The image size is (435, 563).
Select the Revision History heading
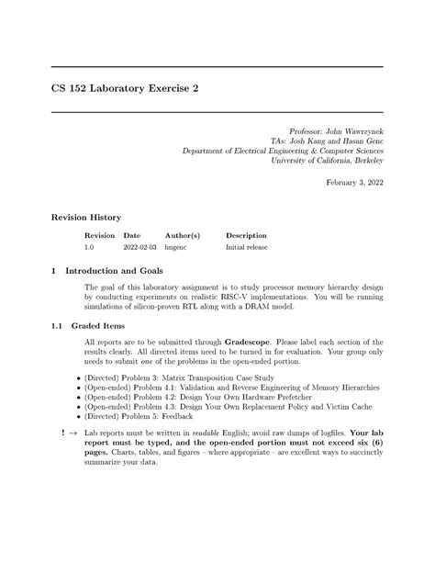click(85, 217)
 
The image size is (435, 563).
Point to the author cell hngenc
click(176, 248)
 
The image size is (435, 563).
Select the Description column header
click(246, 236)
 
